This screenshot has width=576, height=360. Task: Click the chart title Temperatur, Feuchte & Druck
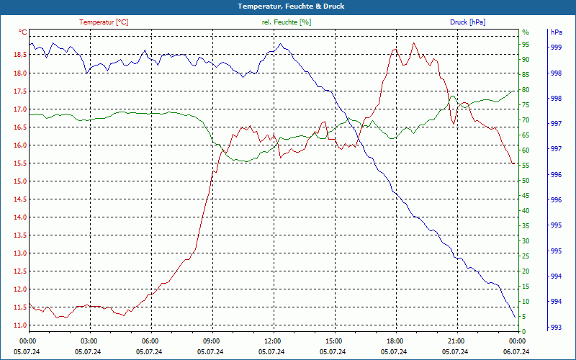pyautogui.click(x=287, y=6)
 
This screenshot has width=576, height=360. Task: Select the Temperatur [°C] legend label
pyautogui.click(x=104, y=22)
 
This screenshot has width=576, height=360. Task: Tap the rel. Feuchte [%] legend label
pyautogui.click(x=287, y=22)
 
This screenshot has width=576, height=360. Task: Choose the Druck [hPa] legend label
pyautogui.click(x=468, y=22)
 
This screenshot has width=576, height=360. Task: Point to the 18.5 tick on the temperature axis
pyautogui.click(x=19, y=55)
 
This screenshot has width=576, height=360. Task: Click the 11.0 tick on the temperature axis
pyautogui.click(x=19, y=325)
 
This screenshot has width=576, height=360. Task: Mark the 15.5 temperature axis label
pyautogui.click(x=19, y=163)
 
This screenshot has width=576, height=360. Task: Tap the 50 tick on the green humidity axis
pyautogui.click(x=526, y=180)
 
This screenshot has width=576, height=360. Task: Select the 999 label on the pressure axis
pyautogui.click(x=556, y=48)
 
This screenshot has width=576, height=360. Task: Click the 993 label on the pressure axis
pyautogui.click(x=556, y=328)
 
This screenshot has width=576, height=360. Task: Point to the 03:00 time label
pyautogui.click(x=89, y=341)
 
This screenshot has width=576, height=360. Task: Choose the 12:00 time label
pyautogui.click(x=273, y=341)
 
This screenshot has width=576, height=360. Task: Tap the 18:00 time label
pyautogui.click(x=395, y=341)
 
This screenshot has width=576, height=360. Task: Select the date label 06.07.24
pyautogui.click(x=516, y=351)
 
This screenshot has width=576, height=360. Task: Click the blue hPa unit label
pyautogui.click(x=556, y=32)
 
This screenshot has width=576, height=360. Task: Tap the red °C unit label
pyautogui.click(x=23, y=32)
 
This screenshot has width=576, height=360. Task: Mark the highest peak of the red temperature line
pyautogui.click(x=413, y=43)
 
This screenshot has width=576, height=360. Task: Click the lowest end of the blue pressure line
pyautogui.click(x=515, y=317)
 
